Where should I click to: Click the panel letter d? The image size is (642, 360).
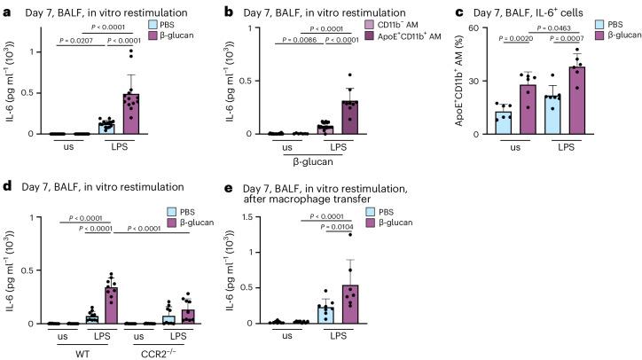[5, 186]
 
